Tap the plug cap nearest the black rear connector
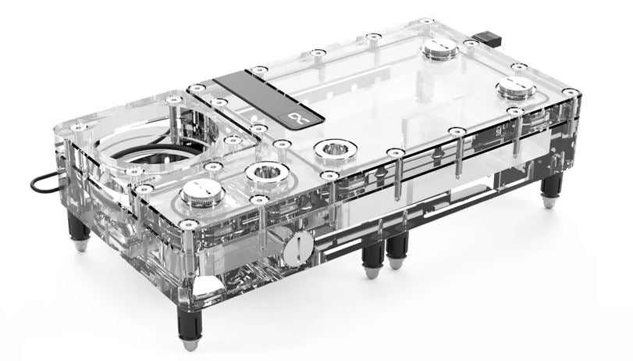tap(439, 53)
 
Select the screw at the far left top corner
tap(74, 127)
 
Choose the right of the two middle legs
tap(397, 248)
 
